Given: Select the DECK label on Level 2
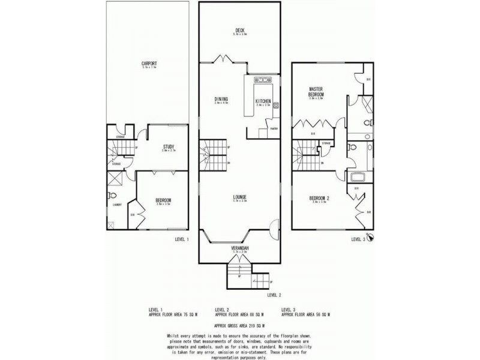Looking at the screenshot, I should (x=239, y=31).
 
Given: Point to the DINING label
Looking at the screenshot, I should (x=221, y=100).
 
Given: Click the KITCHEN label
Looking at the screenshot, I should (x=263, y=101).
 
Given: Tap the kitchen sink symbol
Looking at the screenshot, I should (x=263, y=79).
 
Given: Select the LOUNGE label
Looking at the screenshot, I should (x=240, y=196).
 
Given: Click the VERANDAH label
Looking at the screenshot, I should (x=240, y=248).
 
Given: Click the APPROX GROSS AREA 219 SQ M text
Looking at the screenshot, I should (x=240, y=325).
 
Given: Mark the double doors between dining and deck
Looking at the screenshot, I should (x=226, y=59).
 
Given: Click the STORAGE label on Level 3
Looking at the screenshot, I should (x=326, y=143).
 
